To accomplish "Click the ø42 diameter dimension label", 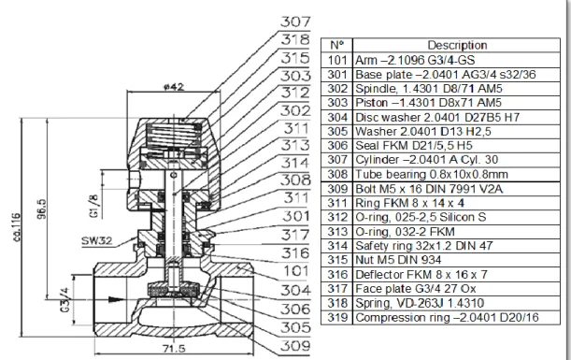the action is pyautogui.click(x=174, y=87).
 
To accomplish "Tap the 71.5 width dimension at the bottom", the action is pyautogui.click(x=174, y=349).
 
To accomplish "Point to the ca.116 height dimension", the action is pyautogui.click(x=17, y=227).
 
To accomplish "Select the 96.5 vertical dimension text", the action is pyautogui.click(x=41, y=209).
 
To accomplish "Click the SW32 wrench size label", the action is pyautogui.click(x=96, y=241).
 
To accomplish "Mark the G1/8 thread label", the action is pyautogui.click(x=94, y=206).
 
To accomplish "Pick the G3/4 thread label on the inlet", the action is pyautogui.click(x=64, y=299).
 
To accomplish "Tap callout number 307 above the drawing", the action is pyautogui.click(x=295, y=22).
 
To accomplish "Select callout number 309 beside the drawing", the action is pyautogui.click(x=295, y=345).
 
